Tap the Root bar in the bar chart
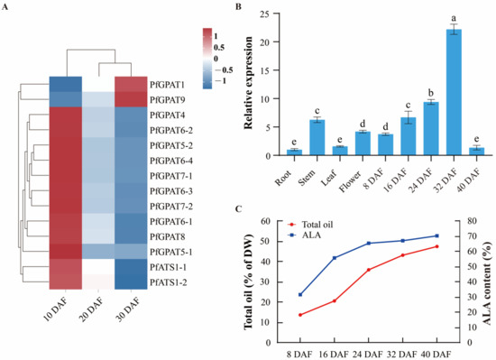tap(291, 152)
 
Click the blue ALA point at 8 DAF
tap(299, 295)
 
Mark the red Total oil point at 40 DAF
tap(462, 246)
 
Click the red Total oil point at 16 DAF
tap(335, 301)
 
